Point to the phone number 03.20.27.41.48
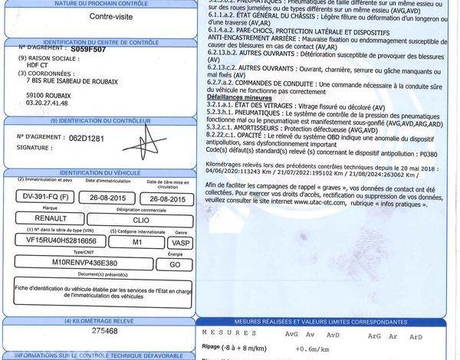pos(47,102)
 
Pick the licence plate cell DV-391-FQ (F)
pos(47,198)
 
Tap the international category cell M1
pos(137,240)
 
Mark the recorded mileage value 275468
pos(104,331)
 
